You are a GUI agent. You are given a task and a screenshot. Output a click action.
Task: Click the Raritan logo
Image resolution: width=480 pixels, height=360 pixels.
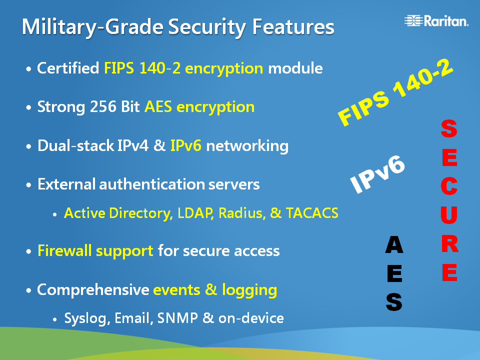(436, 20)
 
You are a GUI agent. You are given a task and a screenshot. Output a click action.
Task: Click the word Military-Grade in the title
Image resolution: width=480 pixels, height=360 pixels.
(93, 27)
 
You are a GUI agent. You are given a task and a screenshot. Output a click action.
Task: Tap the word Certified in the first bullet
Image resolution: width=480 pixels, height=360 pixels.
(68, 67)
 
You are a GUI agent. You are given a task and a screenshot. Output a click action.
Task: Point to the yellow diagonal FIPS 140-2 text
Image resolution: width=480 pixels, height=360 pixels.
(395, 92)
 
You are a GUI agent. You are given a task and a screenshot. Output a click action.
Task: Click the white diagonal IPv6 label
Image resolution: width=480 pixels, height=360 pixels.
(377, 174)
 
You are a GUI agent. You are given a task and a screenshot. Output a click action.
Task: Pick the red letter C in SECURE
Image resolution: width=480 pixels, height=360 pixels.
(449, 186)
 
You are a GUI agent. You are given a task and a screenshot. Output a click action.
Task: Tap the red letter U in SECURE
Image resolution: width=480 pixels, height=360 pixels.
(449, 215)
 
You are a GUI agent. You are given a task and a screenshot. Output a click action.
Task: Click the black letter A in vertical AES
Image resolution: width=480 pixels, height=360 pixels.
(394, 244)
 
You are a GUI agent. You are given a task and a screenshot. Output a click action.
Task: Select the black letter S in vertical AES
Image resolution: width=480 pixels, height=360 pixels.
(394, 302)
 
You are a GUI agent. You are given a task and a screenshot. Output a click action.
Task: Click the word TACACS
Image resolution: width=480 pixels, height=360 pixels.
(312, 213)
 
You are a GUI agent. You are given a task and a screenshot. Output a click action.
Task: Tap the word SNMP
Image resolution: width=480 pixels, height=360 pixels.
(177, 318)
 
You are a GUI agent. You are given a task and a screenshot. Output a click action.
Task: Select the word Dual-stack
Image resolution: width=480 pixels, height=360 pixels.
(75, 145)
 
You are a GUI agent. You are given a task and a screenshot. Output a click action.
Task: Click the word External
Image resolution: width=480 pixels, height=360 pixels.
(66, 184)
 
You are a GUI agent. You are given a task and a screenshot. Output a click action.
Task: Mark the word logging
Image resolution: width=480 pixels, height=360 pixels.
(249, 290)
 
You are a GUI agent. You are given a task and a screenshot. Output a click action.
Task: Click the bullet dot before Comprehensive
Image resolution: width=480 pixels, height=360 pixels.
(29, 290)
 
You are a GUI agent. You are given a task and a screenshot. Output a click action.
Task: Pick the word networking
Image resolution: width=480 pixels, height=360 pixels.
(247, 146)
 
